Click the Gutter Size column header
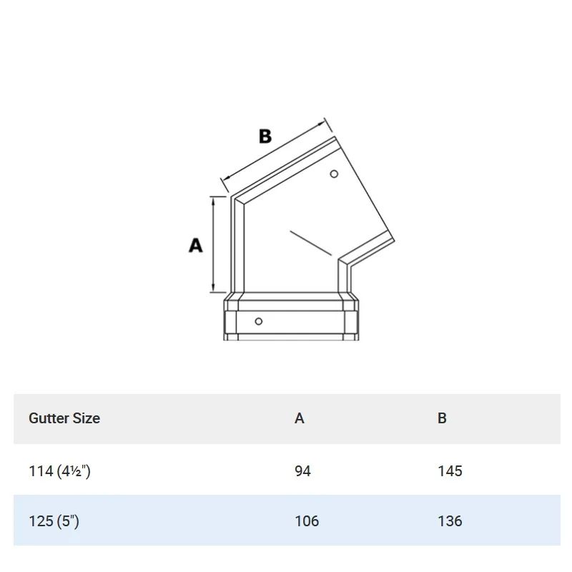click(x=64, y=418)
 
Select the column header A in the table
click(x=299, y=418)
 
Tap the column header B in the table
click(x=442, y=418)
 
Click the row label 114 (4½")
click(x=59, y=471)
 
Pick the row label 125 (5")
click(x=54, y=521)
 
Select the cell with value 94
click(x=302, y=471)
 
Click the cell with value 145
click(x=450, y=471)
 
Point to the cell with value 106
click(x=307, y=521)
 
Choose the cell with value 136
click(x=450, y=521)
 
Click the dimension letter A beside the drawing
click(x=195, y=245)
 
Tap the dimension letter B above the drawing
click(x=265, y=136)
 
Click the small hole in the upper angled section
click(x=334, y=174)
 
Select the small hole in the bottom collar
click(x=259, y=321)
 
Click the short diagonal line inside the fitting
click(x=310, y=243)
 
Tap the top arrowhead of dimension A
click(x=214, y=199)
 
